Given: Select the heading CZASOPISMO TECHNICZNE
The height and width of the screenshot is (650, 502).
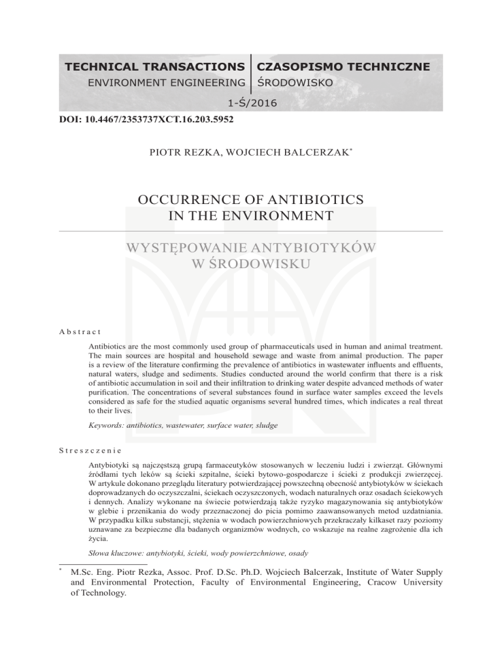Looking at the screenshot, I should click(344, 67).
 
